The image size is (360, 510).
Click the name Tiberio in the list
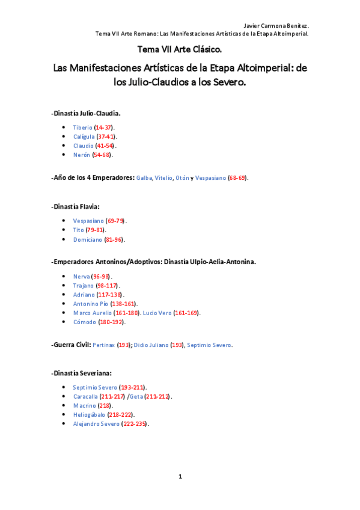pyautogui.click(x=82, y=127)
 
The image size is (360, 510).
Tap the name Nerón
pyautogui.click(x=81, y=155)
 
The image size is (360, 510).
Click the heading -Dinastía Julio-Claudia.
pyautogui.click(x=86, y=112)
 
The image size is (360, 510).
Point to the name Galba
pyautogui.click(x=144, y=178)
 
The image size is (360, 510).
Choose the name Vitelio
pyautogui.click(x=163, y=178)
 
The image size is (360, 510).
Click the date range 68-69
pyautogui.click(x=237, y=178)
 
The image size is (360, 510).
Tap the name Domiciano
pyautogui.click(x=87, y=239)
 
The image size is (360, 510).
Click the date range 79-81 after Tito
pyautogui.click(x=96, y=230)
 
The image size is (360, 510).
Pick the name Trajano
pyautogui.click(x=83, y=285)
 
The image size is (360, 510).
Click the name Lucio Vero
pyautogui.click(x=156, y=313)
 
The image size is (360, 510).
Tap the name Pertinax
pyautogui.click(x=104, y=345)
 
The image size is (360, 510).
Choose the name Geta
pyautogui.click(x=136, y=396)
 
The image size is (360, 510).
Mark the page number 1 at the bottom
pyautogui.click(x=180, y=476)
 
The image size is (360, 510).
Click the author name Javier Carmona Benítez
pyautogui.click(x=276, y=26)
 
